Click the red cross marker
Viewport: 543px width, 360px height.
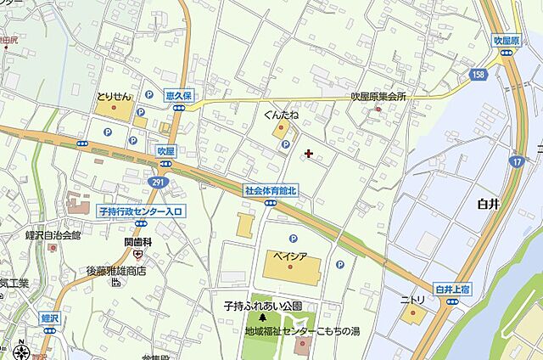click(307, 154)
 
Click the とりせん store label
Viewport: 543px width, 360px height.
click(113, 97)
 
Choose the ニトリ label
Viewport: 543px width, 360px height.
click(412, 300)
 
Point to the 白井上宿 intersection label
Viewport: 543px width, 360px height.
click(451, 290)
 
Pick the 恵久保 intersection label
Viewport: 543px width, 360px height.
click(180, 95)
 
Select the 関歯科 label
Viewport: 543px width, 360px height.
click(137, 243)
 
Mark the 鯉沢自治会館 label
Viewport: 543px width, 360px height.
click(52, 235)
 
